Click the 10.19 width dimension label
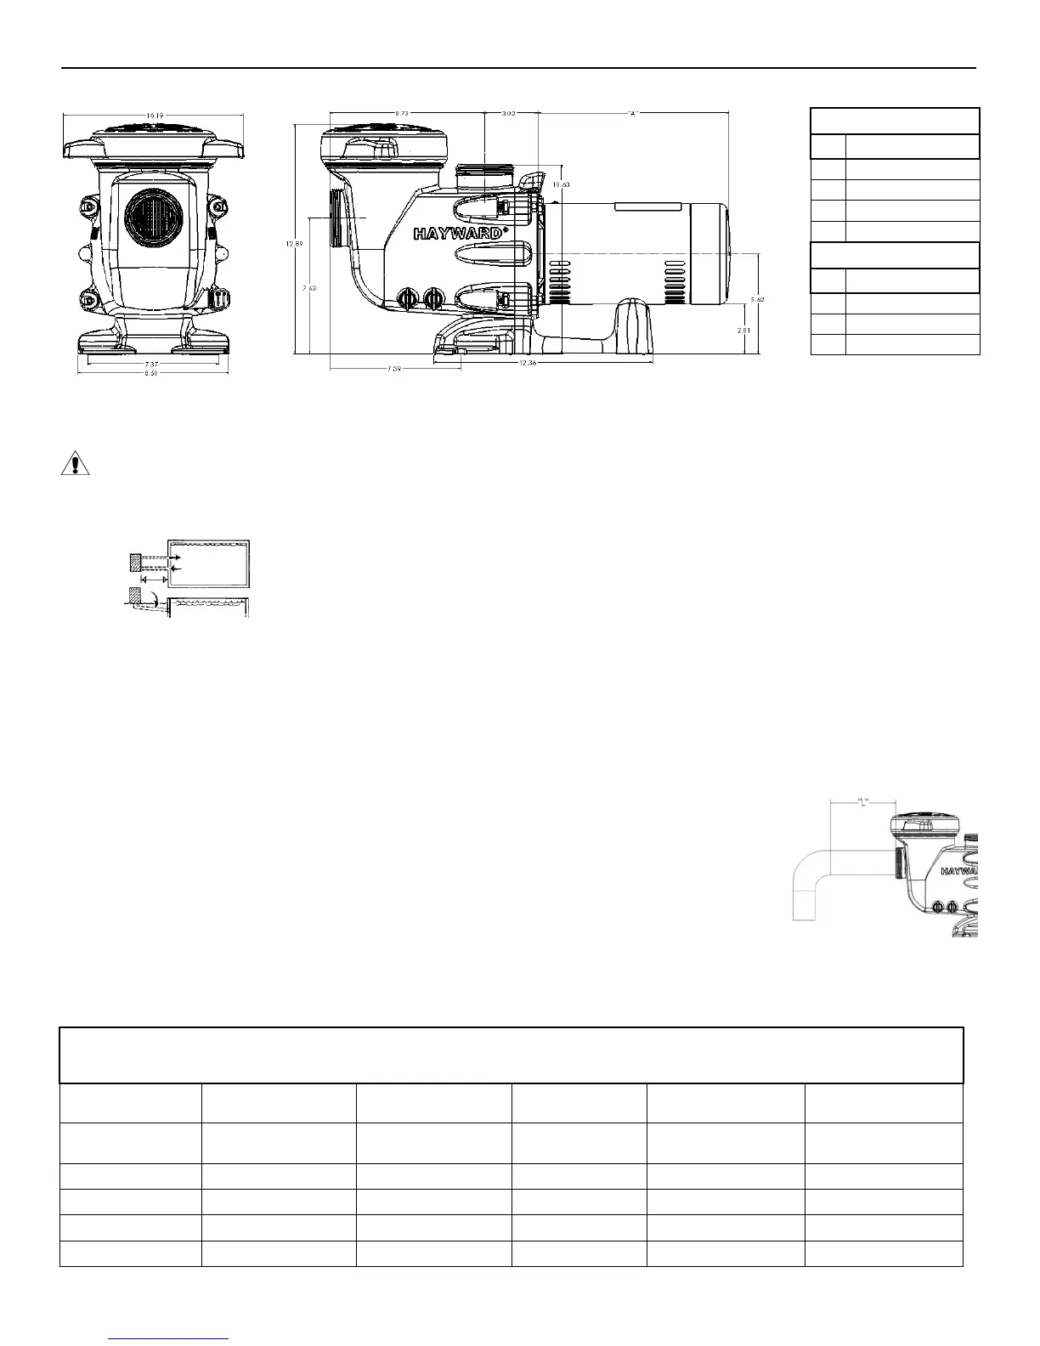[x=154, y=116]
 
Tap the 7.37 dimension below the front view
[x=152, y=363]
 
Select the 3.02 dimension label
[x=508, y=112]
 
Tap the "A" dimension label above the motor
[x=633, y=112]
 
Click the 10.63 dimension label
[x=561, y=184]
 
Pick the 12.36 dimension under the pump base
[x=551, y=364]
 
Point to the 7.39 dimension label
[x=393, y=369]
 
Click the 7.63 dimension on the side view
[x=310, y=288]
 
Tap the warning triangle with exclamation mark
[x=76, y=464]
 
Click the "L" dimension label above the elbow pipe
[x=864, y=800]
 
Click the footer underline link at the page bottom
[x=170, y=1338]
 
